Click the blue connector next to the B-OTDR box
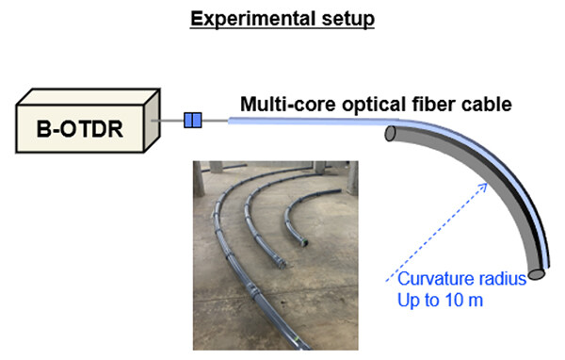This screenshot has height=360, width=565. [x=193, y=120]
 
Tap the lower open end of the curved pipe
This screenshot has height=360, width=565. [x=537, y=274]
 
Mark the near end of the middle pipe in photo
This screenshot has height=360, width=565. [x=276, y=258]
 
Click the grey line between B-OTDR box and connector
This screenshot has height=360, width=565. [x=171, y=121]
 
